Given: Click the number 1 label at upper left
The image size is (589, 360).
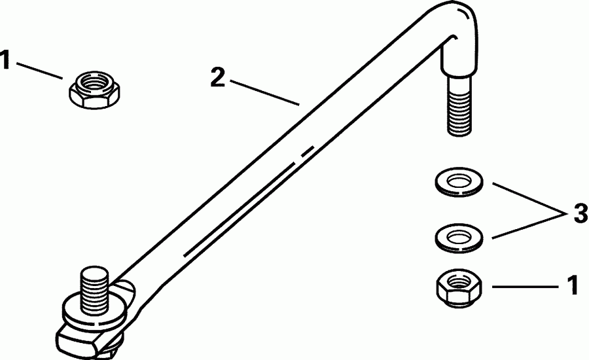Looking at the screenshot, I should pos(6,62).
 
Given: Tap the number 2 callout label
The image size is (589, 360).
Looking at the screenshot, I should pos(219,78).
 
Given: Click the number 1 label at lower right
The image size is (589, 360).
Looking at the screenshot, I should pos(571,286).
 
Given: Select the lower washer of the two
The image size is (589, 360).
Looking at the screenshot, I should pos(457,236).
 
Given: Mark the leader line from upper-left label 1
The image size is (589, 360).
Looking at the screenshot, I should pos(40,70).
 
